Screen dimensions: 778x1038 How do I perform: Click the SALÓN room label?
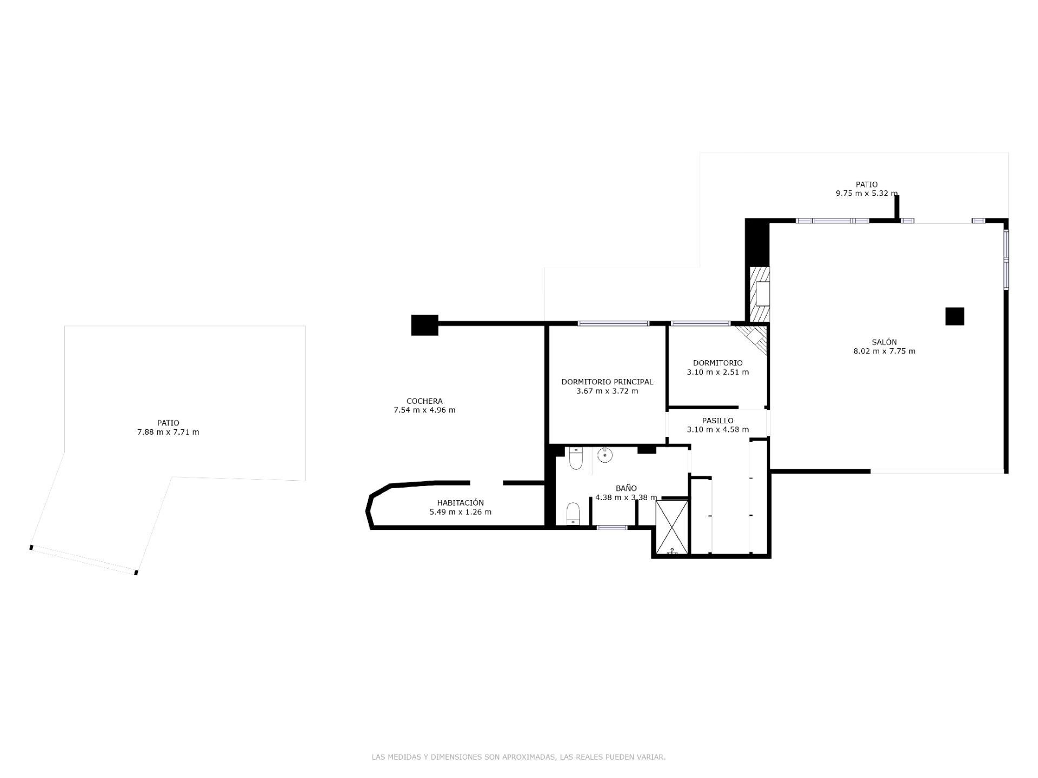click(x=884, y=342)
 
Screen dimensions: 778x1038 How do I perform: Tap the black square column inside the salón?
click(x=954, y=316)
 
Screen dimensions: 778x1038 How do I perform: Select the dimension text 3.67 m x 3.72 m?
click(x=607, y=391)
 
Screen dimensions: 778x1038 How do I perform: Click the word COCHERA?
click(x=424, y=401)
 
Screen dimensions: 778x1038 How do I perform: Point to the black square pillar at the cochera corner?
click(x=424, y=325)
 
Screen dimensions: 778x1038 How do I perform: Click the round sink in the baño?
click(x=605, y=455)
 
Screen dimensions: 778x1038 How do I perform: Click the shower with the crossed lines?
click(x=671, y=527)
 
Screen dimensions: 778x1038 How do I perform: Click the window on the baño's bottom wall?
click(x=612, y=527)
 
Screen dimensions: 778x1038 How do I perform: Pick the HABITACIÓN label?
click(x=460, y=503)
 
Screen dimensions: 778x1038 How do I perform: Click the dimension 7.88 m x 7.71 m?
click(x=168, y=432)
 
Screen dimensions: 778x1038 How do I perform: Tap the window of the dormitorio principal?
click(x=613, y=323)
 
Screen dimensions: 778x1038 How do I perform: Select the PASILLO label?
click(x=717, y=420)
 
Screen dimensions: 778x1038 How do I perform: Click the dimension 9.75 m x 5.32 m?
click(x=866, y=193)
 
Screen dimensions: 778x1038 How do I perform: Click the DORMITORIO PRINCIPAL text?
click(x=607, y=382)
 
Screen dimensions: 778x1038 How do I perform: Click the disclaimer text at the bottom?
click(x=518, y=757)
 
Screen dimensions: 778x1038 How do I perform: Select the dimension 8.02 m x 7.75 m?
click(x=884, y=351)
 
